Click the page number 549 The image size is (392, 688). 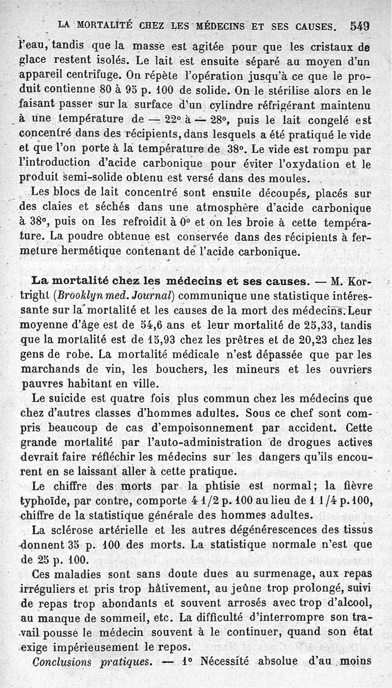coord(360,25)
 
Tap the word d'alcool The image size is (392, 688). coord(345,602)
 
